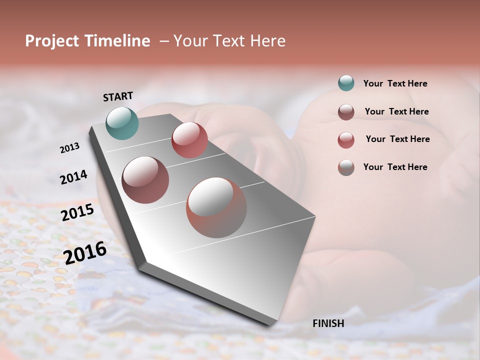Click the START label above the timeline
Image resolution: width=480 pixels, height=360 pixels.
point(118,96)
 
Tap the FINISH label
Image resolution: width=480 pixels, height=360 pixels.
point(328,323)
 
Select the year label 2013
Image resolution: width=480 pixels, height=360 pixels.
point(70,148)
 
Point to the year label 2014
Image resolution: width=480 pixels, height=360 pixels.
point(73,177)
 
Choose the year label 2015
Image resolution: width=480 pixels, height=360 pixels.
point(77,212)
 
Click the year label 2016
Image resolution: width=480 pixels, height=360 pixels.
point(85,252)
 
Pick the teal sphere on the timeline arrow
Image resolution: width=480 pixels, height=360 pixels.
point(122,123)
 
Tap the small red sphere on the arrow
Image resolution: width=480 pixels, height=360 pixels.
point(189,139)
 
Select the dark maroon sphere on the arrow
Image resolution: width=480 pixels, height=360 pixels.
point(145,180)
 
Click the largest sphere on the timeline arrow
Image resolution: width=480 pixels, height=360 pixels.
point(216,207)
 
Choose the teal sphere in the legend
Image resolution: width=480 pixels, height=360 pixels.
point(346,83)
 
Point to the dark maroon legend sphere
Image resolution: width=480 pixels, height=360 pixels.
point(346,111)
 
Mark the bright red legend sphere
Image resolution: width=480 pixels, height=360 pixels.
point(346,139)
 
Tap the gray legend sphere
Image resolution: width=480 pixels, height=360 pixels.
point(346,167)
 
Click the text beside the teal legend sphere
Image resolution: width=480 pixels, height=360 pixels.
point(395,84)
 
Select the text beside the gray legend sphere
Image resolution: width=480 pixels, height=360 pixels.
point(395,167)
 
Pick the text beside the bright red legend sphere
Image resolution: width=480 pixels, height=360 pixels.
point(397,139)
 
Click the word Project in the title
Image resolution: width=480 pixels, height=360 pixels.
point(52,41)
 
